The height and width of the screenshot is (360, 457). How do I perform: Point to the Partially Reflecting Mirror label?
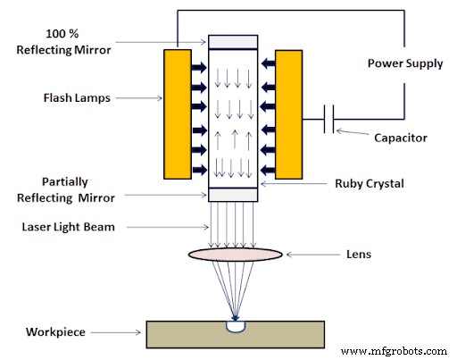pyautogui.click(x=63, y=188)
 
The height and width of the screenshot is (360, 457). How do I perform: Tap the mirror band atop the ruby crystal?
pyautogui.click(x=233, y=42)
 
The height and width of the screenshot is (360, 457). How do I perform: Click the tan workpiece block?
pyautogui.click(x=179, y=334)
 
